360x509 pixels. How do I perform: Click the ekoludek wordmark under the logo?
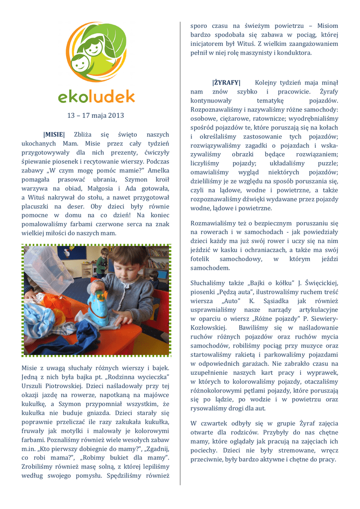[95, 96]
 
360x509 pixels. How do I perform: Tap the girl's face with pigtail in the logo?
[92, 49]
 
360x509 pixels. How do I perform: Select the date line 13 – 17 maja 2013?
[95, 116]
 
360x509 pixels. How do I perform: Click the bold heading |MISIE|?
[54, 135]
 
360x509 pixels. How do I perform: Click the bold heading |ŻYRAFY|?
[226, 83]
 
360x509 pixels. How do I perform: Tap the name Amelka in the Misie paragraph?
[159, 170]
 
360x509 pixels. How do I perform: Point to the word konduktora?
[293, 53]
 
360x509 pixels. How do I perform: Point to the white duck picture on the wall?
[67, 253]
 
